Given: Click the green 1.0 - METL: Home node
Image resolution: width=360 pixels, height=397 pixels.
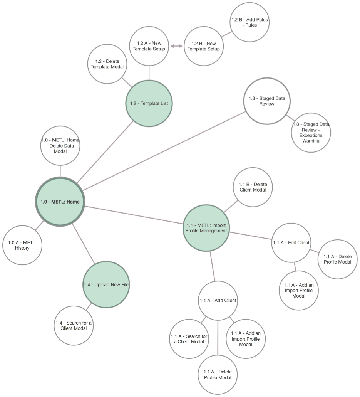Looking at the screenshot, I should pyautogui.click(x=60, y=201).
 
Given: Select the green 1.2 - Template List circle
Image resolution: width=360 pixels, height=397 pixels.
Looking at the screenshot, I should pyautogui.click(x=149, y=103).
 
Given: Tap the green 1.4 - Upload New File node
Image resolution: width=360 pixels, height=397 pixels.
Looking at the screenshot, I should pyautogui.click(x=106, y=284).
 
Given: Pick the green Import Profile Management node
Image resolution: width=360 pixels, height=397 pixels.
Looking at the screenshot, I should pyautogui.click(x=206, y=228).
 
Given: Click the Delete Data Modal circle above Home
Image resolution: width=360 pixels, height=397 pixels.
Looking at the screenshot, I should pyautogui.click(x=60, y=145).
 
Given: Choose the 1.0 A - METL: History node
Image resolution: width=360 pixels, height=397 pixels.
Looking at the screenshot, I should pyautogui.click(x=22, y=245).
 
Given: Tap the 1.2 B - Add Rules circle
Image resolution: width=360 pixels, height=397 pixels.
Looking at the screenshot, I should pyautogui.click(x=249, y=22).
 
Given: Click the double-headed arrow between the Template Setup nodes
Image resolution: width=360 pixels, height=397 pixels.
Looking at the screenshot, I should pyautogui.click(x=176, y=46).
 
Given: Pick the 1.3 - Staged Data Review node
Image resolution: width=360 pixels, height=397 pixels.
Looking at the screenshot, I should pyautogui.click(x=267, y=101).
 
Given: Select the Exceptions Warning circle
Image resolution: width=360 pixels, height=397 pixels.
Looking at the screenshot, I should pyautogui.click(x=311, y=132).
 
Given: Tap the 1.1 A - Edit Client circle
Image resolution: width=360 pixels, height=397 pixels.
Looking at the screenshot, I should pyautogui.click(x=291, y=242).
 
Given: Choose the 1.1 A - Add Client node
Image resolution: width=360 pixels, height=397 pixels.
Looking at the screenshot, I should pyautogui.click(x=218, y=300).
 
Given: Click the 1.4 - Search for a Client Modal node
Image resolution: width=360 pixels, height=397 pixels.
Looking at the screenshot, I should pyautogui.click(x=74, y=326).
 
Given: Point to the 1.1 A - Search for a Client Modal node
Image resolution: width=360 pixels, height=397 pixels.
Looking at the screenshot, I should pyautogui.click(x=189, y=339).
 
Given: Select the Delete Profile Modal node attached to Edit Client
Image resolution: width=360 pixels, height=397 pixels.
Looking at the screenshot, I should pyautogui.click(x=337, y=259).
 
